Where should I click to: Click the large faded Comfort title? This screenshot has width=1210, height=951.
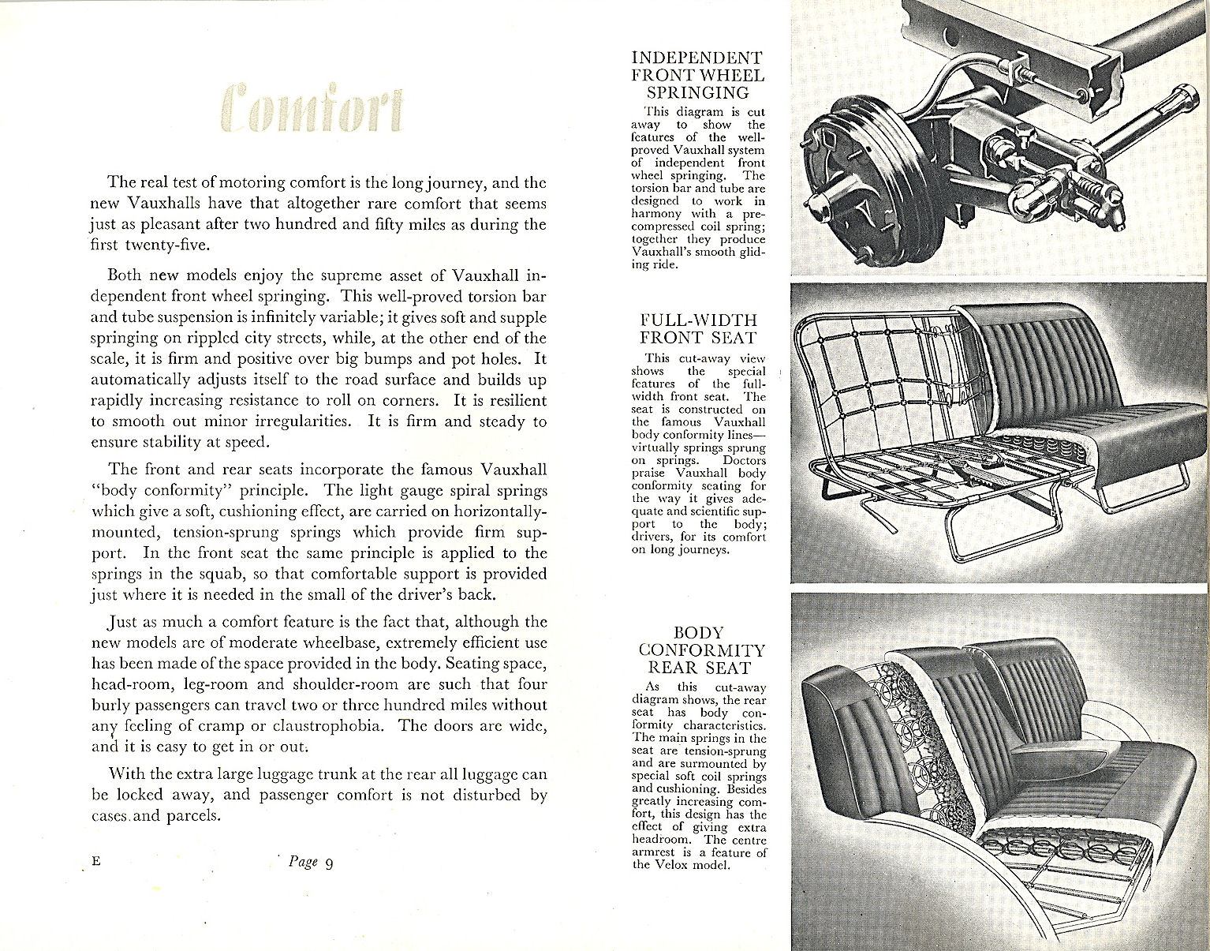click(x=312, y=112)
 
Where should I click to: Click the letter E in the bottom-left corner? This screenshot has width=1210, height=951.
click(x=96, y=862)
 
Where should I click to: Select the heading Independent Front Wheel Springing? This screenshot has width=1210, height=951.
click(x=698, y=75)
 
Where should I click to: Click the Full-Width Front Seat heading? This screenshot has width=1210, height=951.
click(x=698, y=329)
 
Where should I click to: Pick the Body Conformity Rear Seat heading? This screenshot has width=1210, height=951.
click(x=698, y=650)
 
